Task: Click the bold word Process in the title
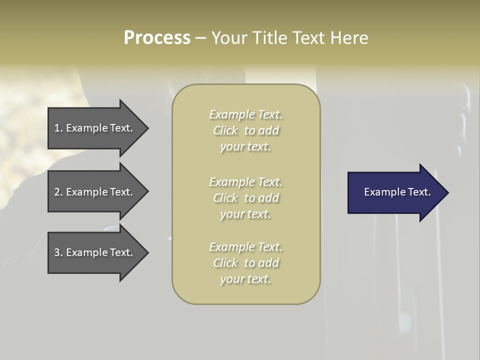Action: coord(157,38)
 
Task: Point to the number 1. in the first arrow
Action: coord(58,128)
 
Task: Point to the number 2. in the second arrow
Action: coord(58,192)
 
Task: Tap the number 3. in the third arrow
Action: coord(58,252)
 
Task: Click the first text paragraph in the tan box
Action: coord(245,130)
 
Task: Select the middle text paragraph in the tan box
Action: coord(245,198)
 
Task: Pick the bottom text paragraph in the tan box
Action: coord(245,263)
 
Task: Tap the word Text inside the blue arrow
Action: coord(419,192)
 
